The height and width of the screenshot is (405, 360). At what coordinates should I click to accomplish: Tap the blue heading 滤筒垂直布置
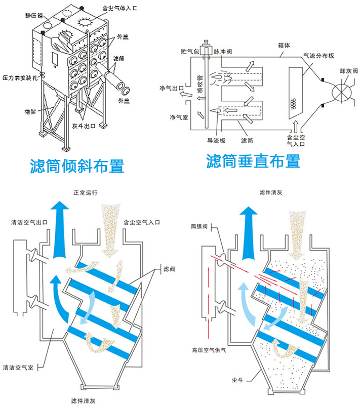click(253, 161)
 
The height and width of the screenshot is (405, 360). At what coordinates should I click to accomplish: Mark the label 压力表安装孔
click(19, 78)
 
